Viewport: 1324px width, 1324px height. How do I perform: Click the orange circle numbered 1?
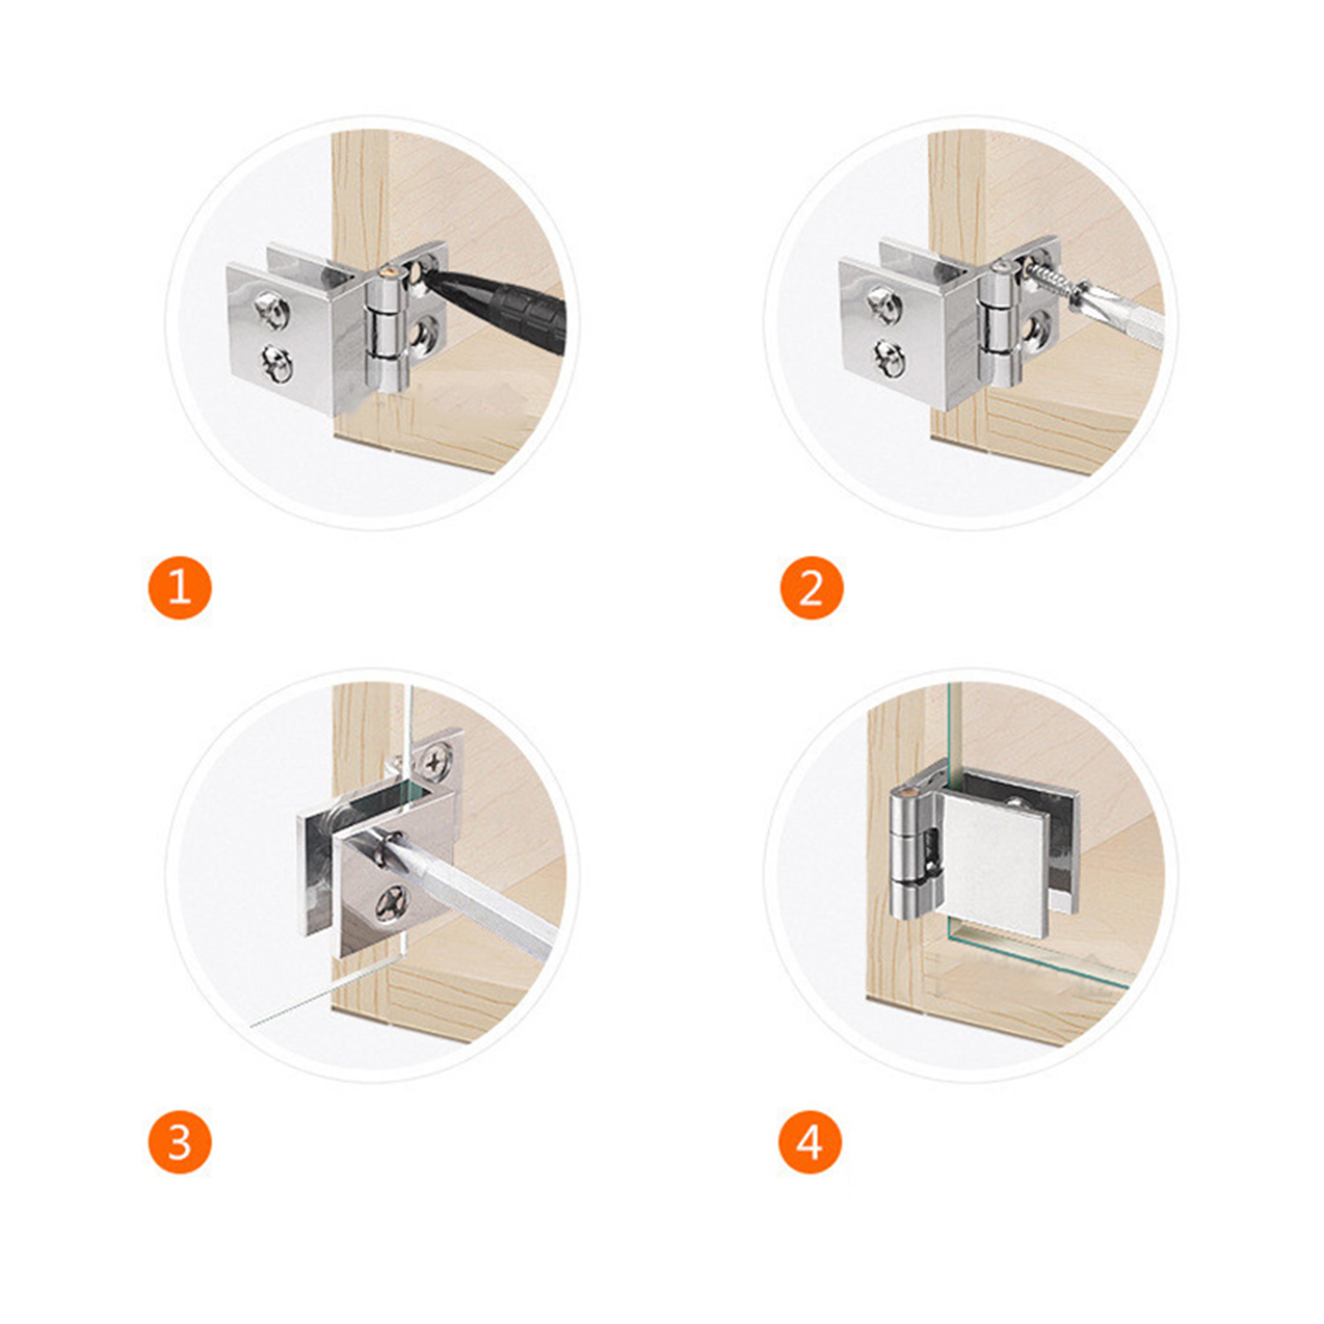click(x=180, y=588)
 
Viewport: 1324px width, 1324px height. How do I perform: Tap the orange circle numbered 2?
click(x=812, y=588)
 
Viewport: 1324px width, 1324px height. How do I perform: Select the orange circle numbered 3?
click(x=180, y=1142)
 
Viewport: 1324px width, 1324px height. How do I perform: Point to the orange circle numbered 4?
click(x=810, y=1142)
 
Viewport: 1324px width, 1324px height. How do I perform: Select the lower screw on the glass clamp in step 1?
click(x=276, y=364)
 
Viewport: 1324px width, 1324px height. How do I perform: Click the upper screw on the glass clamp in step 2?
click(x=885, y=305)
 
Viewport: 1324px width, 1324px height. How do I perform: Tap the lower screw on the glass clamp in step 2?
click(x=889, y=360)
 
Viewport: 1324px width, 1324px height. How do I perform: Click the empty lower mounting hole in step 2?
click(x=1039, y=331)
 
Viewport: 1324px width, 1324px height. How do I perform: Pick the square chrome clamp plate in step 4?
click(x=995, y=865)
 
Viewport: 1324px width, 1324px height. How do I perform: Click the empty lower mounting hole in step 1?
click(x=427, y=333)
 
